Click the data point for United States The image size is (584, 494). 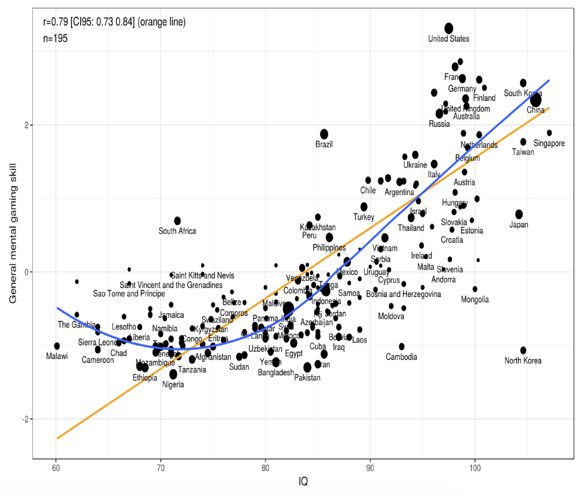449,28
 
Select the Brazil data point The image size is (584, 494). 324,134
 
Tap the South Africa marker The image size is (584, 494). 177,221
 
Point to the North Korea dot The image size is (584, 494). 523,350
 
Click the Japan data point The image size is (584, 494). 519,214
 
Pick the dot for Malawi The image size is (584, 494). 57,346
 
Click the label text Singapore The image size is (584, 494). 549,143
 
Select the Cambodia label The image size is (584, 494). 401,357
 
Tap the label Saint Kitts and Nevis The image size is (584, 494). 203,276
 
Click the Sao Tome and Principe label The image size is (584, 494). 129,294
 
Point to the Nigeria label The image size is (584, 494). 173,384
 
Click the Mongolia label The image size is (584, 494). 475,299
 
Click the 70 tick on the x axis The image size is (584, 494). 161,468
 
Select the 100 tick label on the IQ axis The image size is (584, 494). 475,468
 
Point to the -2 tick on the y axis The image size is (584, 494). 25,419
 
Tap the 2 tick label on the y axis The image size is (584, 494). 27,125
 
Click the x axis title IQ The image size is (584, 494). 303,481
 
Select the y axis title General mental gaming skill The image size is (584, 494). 13,233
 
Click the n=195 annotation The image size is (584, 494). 55,38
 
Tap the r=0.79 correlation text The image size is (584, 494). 114,22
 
